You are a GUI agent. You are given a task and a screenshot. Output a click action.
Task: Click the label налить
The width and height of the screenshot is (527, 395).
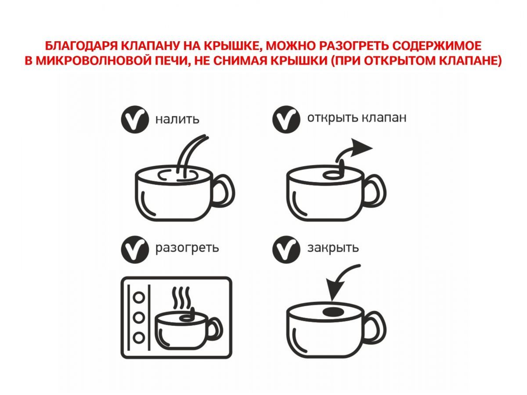[x=177, y=119]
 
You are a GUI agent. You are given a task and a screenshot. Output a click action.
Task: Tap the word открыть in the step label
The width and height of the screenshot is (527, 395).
[x=332, y=118]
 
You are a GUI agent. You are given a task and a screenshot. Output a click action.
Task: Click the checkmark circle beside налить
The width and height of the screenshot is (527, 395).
[x=135, y=119]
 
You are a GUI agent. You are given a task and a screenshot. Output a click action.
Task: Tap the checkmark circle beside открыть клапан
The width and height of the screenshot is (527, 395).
[x=286, y=119]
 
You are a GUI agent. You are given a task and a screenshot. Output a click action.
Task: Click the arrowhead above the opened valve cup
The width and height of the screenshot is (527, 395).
[x=361, y=147]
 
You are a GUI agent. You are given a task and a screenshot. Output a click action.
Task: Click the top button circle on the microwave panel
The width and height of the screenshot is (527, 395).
[x=139, y=298]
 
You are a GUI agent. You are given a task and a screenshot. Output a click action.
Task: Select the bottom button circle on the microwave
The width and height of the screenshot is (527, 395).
[x=139, y=338]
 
